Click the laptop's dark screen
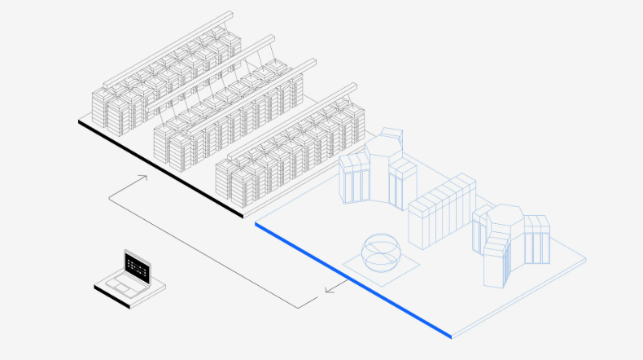click(137, 266)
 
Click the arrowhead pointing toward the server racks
click(143, 176)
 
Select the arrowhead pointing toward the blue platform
click(327, 288)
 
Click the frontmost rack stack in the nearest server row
click(230, 183)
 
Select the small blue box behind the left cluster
click(392, 134)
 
